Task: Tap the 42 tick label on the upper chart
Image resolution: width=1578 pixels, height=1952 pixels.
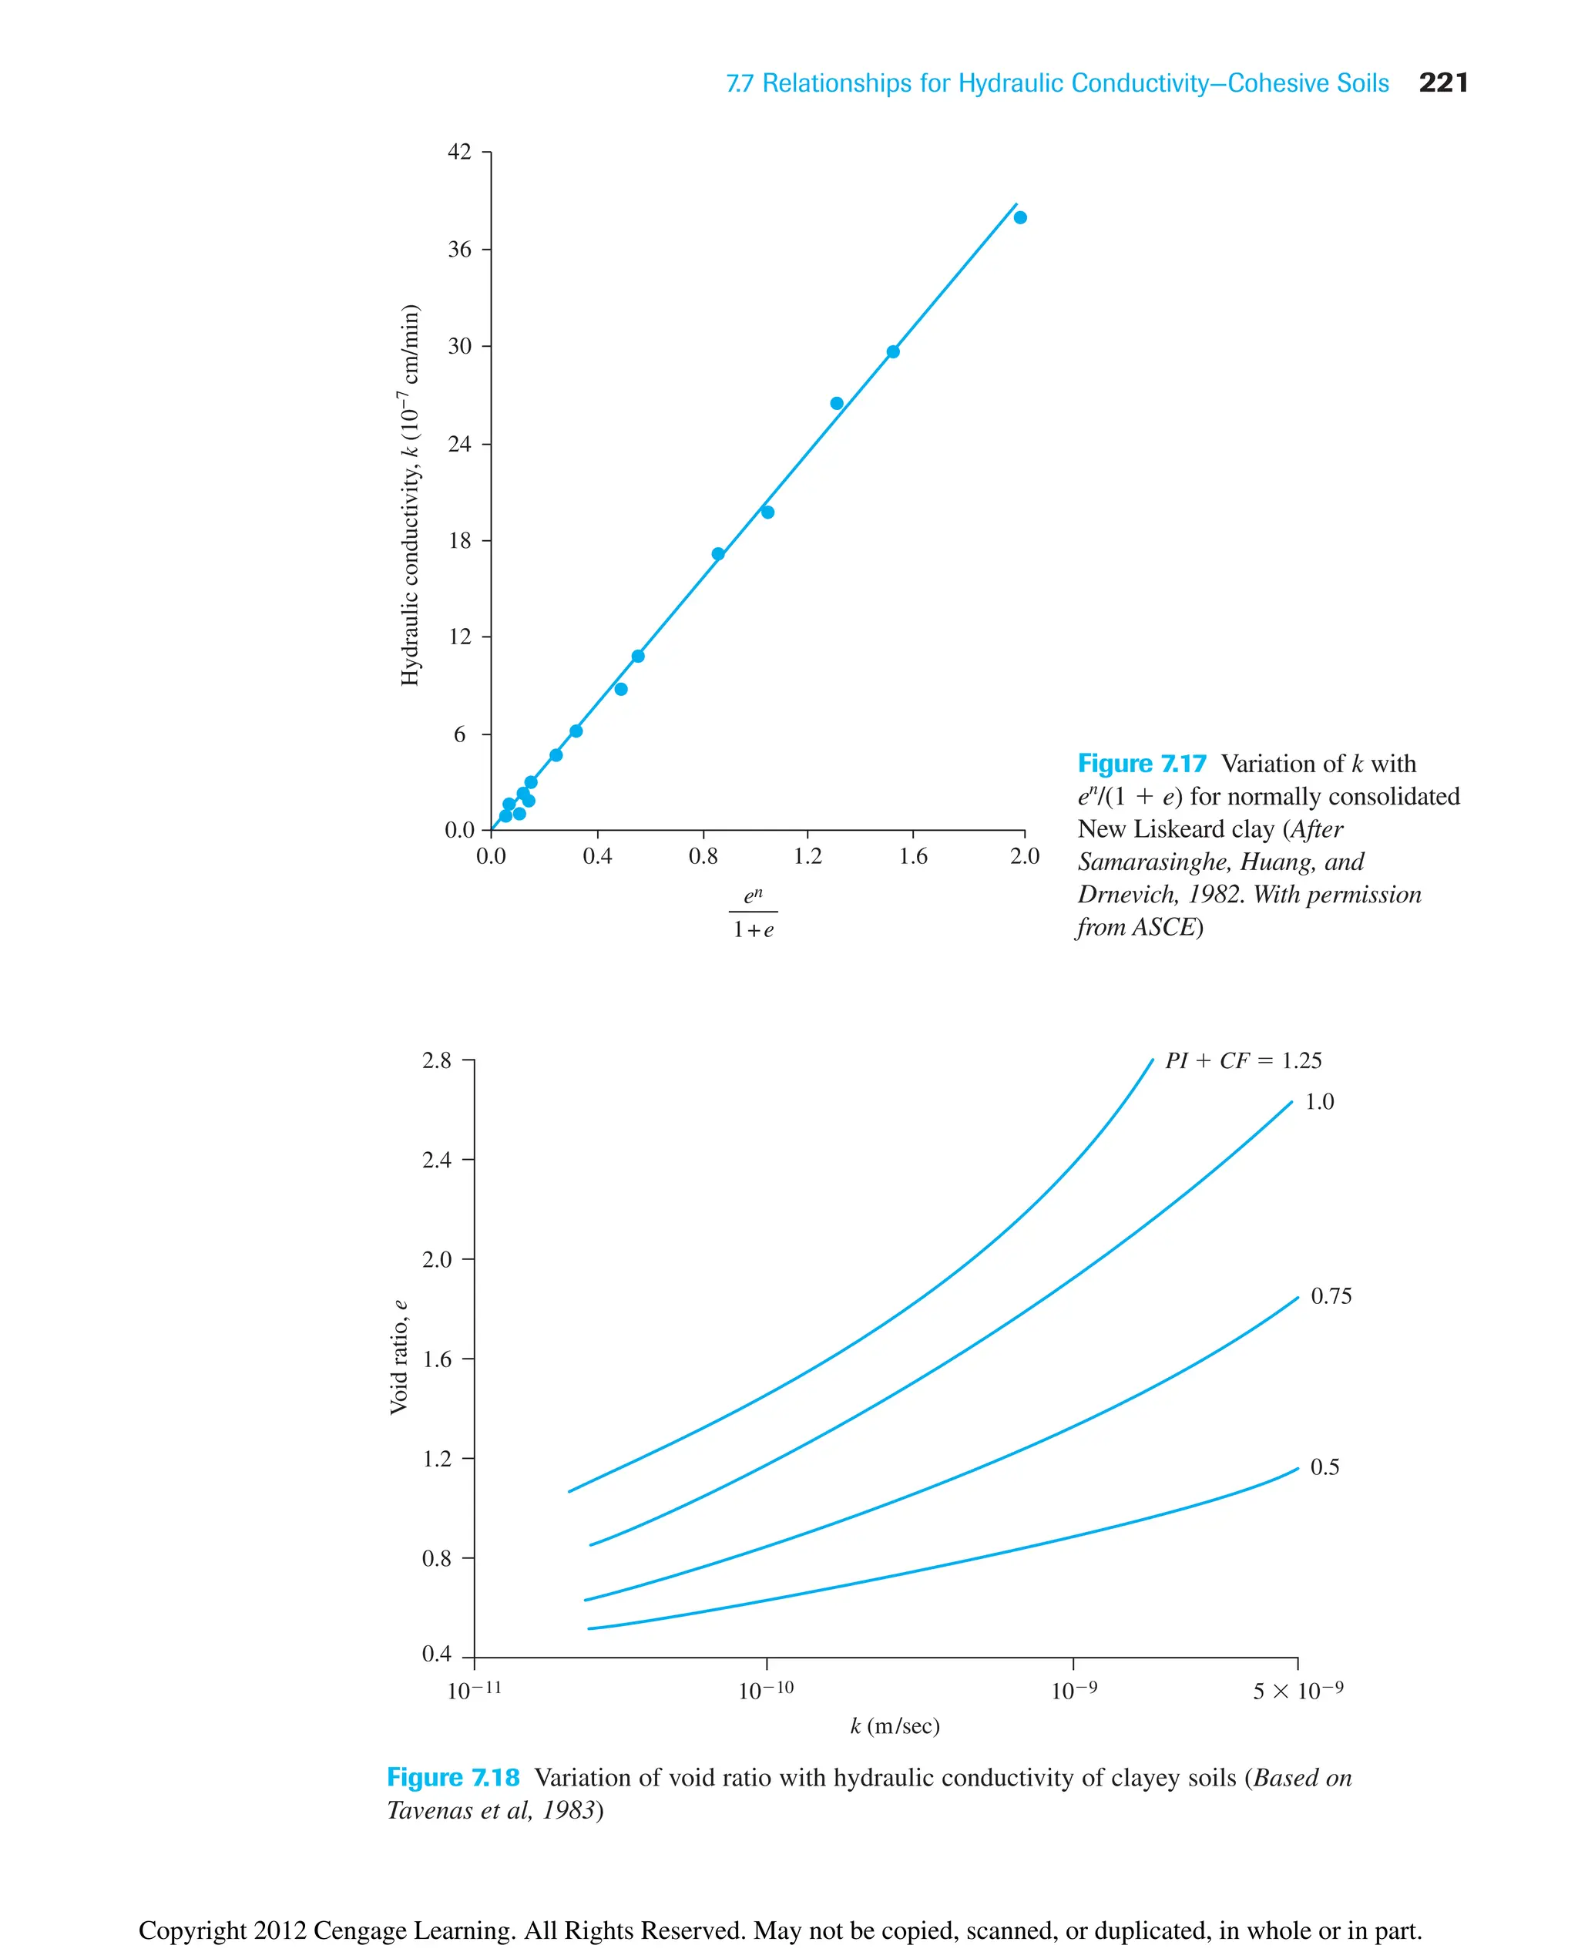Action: (460, 152)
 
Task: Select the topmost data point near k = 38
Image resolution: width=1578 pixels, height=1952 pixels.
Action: (1020, 217)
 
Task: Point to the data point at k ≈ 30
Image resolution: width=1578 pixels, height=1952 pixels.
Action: (892, 352)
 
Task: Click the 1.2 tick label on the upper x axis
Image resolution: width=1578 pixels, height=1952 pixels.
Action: (807, 856)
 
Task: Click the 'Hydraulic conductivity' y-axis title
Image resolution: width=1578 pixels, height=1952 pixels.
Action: (410, 495)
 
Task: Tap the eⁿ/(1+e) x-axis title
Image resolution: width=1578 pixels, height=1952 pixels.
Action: (754, 912)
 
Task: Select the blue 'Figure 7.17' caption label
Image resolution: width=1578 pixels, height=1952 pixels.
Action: (1142, 764)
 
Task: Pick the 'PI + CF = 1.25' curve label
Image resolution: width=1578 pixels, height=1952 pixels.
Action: (1243, 1061)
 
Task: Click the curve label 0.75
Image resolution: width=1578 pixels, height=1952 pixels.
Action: (1331, 1296)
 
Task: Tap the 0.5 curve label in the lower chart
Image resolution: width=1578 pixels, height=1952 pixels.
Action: (1325, 1467)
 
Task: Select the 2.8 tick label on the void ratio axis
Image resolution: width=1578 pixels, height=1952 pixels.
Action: (436, 1061)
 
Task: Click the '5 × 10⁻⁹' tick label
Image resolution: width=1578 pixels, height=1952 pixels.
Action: (1297, 1691)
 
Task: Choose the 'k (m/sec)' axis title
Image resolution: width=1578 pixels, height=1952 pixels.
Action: (895, 1726)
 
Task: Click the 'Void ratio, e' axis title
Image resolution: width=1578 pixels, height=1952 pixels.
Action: (398, 1357)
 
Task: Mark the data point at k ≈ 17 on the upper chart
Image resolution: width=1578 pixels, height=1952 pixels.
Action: (718, 553)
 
